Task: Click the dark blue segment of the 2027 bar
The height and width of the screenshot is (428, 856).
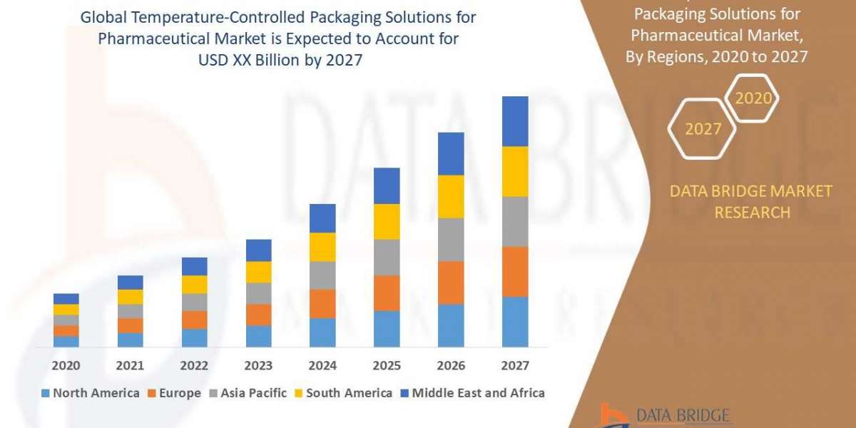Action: tap(515, 121)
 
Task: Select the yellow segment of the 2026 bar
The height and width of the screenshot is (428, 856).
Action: tap(451, 196)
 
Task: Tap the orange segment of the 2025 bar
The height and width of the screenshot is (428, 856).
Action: tap(387, 292)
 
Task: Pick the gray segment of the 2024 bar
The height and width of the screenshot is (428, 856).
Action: tap(322, 275)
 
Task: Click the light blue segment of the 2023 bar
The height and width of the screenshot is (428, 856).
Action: tap(258, 336)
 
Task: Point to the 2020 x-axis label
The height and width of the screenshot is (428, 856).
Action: tap(66, 366)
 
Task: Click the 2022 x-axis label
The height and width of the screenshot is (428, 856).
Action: tap(194, 366)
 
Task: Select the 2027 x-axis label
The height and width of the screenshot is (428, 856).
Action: tap(515, 366)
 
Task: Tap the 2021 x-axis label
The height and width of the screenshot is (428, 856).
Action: tap(130, 366)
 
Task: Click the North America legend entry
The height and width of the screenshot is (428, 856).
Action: tap(91, 393)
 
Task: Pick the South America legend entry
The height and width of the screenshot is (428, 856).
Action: tap(343, 393)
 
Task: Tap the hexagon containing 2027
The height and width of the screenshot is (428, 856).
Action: tap(702, 129)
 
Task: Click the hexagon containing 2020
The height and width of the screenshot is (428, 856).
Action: tap(752, 98)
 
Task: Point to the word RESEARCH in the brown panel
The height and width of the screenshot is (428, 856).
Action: tap(752, 213)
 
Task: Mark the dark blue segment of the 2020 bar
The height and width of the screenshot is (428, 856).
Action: tap(66, 299)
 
